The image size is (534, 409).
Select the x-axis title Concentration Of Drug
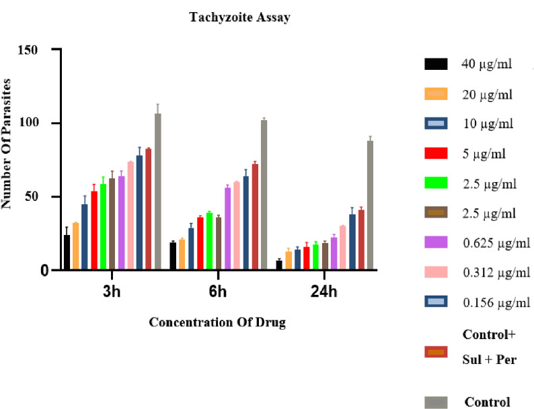[217, 322]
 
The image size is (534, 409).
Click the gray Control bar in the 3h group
[157, 191]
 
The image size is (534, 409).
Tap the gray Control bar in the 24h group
[370, 205]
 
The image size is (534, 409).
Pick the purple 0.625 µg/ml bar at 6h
[227, 228]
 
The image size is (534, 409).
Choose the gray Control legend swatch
[436, 402]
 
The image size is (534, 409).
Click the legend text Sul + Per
[489, 359]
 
